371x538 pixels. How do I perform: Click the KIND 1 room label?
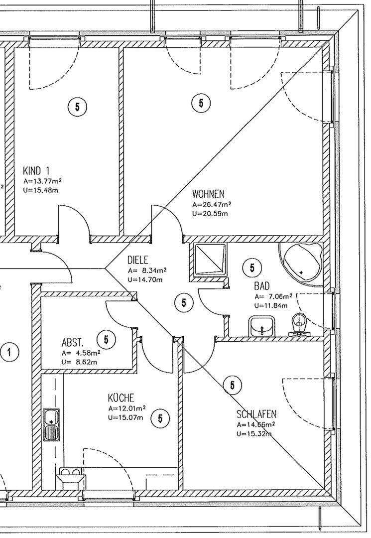pos(36,170)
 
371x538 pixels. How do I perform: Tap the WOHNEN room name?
pos(209,193)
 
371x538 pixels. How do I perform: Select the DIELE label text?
pos(138,260)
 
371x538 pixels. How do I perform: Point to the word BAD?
pos(262,286)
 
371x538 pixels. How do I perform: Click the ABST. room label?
pos(72,343)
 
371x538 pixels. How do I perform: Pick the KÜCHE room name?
pos(121,398)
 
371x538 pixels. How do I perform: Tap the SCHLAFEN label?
pos(256,414)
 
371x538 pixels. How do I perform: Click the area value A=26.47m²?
pos(211,204)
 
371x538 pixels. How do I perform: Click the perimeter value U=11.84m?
pos(271,305)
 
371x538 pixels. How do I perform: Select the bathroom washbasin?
pos(260,327)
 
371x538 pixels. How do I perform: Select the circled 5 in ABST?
pos(106,340)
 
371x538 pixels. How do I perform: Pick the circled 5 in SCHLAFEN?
pos(232,385)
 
